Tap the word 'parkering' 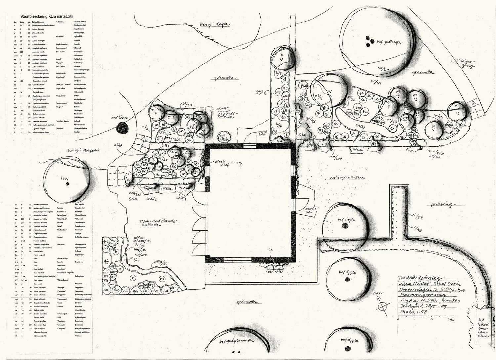point(441,205)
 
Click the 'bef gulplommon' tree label point(238,341)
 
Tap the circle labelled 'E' point(282,56)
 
